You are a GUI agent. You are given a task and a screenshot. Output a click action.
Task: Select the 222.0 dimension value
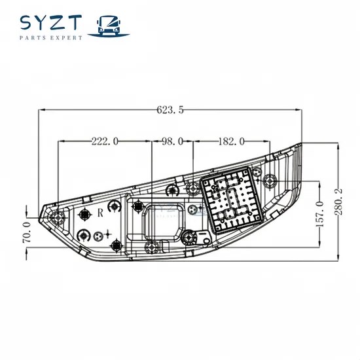105,141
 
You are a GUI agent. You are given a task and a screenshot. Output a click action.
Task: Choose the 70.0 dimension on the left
27,232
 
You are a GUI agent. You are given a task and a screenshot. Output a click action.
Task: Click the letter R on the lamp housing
101,213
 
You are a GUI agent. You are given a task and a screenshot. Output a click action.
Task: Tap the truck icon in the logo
109,25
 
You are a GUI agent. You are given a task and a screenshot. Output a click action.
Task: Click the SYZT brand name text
52,23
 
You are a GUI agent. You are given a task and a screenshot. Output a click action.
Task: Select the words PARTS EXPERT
52,39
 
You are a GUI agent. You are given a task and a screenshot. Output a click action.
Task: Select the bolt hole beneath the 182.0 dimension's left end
193,189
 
